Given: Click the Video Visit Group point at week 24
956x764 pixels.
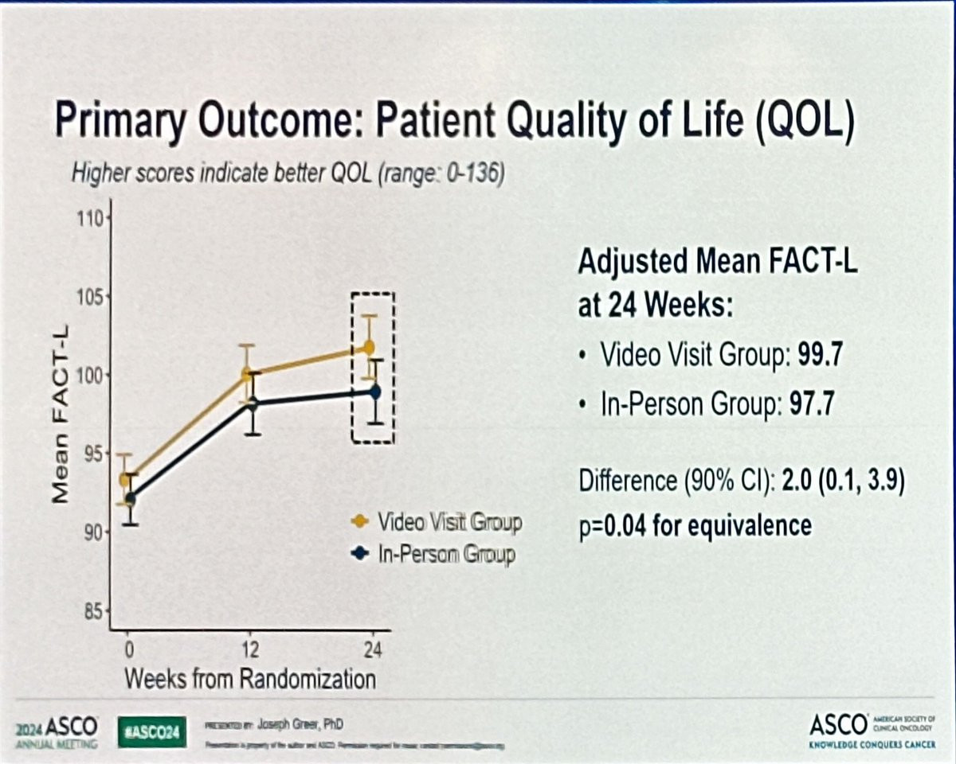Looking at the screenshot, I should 369,347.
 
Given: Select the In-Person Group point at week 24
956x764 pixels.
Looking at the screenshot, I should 375,391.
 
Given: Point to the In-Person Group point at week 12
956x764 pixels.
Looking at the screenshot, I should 252,403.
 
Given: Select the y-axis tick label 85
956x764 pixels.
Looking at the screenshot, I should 93,611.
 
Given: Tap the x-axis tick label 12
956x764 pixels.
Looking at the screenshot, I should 250,650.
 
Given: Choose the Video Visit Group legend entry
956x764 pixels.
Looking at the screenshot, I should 437,522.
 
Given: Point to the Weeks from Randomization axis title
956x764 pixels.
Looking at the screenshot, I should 249,679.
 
